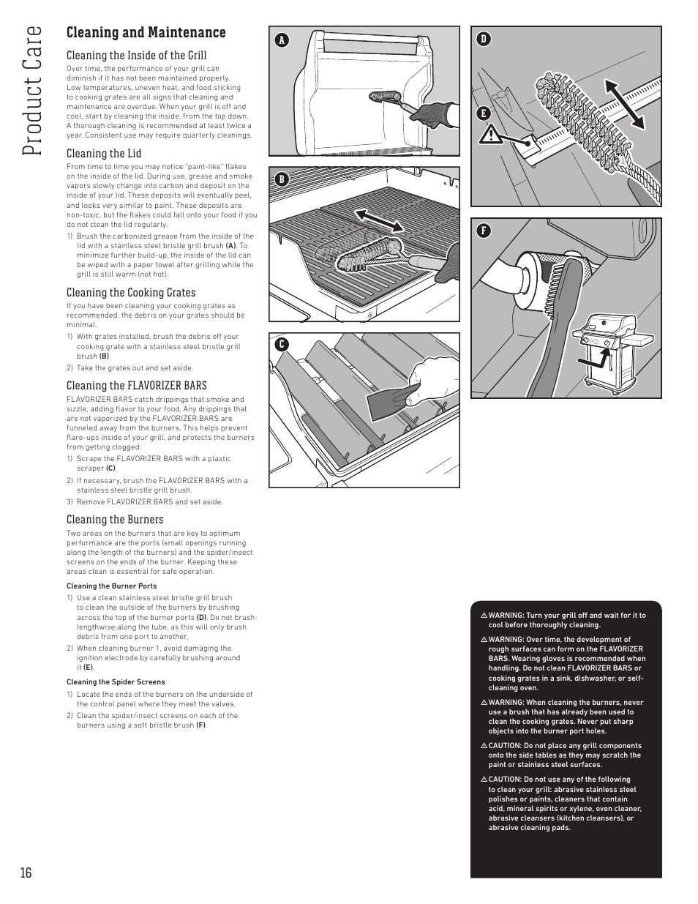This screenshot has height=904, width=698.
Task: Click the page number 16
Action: [26, 873]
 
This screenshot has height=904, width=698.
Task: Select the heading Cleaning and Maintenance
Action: [146, 32]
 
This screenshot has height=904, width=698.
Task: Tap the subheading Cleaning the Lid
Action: [104, 153]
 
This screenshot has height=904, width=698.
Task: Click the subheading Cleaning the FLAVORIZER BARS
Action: [136, 385]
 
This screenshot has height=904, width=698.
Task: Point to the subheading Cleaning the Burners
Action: [115, 520]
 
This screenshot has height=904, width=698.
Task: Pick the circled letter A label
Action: [281, 40]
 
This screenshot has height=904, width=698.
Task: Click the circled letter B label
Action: [281, 179]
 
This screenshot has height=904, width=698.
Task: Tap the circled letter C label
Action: [281, 344]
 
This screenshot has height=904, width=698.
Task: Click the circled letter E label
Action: [483, 113]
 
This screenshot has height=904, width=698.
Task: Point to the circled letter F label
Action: [483, 231]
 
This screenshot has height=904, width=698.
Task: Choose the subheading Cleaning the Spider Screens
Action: [116, 682]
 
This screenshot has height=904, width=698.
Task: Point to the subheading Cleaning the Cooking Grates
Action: [131, 293]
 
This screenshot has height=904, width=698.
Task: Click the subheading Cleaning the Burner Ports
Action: [111, 586]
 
